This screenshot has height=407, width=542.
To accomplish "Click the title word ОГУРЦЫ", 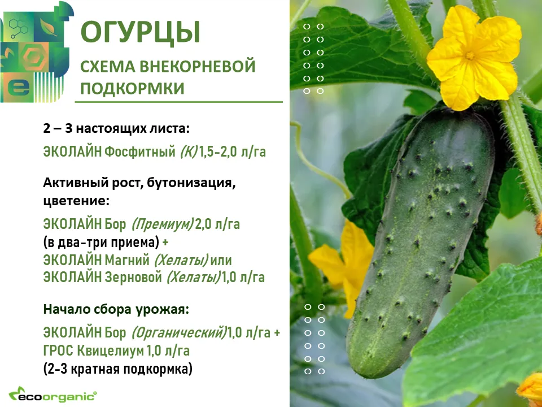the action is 141,32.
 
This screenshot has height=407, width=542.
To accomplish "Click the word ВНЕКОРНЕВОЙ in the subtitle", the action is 198,66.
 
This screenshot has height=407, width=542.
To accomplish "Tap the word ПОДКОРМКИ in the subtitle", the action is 132,88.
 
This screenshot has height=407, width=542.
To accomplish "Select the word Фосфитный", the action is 140,152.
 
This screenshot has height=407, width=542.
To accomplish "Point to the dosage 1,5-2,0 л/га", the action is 232,151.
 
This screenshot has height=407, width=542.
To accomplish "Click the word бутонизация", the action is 191,183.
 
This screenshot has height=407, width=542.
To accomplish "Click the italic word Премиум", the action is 163,224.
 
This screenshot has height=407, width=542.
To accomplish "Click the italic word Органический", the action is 179,332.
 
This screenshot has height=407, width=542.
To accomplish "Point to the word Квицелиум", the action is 110,351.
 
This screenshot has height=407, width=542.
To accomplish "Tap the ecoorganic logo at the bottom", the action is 53,395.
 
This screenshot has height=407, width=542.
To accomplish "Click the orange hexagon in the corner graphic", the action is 34,58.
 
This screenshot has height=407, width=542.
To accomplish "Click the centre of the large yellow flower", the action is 470,56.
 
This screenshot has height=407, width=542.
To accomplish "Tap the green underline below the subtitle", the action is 179,102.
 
